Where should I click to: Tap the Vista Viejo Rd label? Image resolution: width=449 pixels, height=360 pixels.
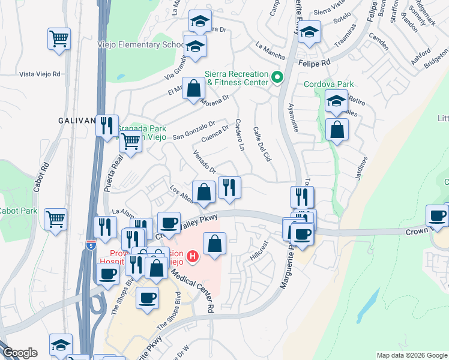tap(40, 74)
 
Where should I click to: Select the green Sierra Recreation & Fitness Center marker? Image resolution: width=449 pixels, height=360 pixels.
tap(277, 77)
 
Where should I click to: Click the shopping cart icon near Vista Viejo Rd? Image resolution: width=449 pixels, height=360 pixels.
tap(59, 40)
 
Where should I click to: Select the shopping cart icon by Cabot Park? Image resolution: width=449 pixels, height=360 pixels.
tap(55, 219)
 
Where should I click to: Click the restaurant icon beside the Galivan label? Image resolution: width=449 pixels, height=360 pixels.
tap(107, 125)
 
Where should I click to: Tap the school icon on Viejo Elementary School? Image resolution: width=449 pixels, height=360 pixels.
tap(195, 47)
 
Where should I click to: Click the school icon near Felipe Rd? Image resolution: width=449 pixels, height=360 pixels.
tap(309, 32)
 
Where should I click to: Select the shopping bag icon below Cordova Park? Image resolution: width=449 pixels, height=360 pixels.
tap(337, 129)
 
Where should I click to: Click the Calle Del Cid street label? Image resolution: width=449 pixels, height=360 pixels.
tap(263, 144)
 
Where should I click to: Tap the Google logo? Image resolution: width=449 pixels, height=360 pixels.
tap(20, 353)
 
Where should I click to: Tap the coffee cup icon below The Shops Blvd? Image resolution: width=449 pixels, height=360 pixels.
tap(147, 298)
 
